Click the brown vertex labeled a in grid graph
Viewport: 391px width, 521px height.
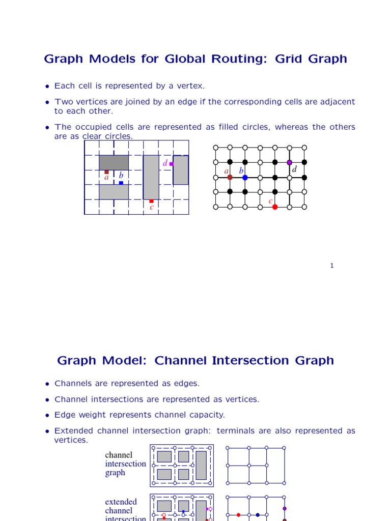230,177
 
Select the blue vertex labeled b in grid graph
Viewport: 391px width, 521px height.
245,177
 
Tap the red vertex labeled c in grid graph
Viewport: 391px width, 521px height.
275,207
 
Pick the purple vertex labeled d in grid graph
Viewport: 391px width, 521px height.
290,162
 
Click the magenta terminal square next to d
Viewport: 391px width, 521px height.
172,164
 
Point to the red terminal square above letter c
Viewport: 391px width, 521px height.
151,201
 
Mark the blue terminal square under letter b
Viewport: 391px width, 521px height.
121,183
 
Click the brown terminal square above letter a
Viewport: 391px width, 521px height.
106,172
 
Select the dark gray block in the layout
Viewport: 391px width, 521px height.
114,162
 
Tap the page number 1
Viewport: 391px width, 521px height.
331,265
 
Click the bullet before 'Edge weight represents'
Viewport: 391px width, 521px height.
47,415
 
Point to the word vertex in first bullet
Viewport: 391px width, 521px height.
189,86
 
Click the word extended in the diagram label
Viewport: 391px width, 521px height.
121,502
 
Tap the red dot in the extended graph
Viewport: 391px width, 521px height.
238,515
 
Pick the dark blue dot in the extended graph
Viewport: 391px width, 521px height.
258,515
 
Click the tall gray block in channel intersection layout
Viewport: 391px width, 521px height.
201,465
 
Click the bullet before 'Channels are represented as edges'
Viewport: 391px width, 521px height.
47,384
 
